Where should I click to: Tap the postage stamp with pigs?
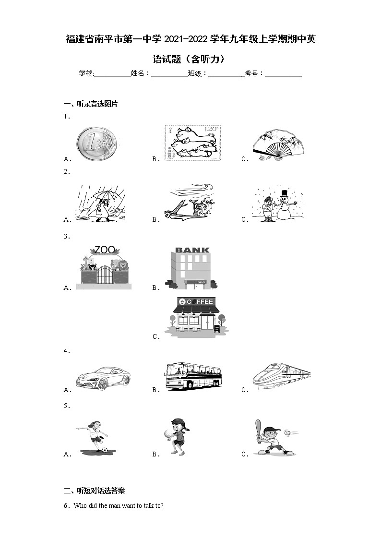point(192,143)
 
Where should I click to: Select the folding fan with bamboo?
point(279,143)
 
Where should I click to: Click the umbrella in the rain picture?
point(107,194)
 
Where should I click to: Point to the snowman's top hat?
point(284,193)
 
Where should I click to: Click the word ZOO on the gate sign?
point(105,250)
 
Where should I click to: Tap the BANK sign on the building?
point(192,250)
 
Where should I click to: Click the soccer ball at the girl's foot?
point(104,450)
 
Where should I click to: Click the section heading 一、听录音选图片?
point(91,104)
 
